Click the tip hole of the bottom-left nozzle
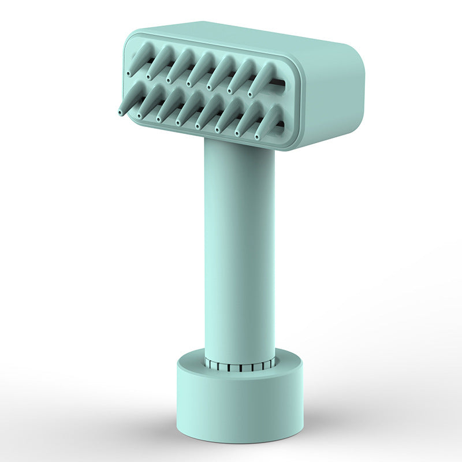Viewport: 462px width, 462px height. [120, 111]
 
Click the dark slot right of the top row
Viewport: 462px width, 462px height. [280, 84]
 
